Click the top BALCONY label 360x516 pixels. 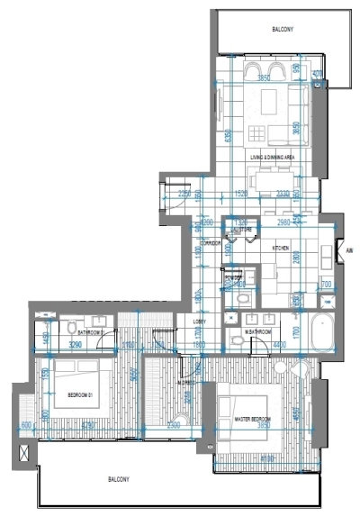[283, 31]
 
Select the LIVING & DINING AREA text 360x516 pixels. [274, 158]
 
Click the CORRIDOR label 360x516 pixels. [211, 244]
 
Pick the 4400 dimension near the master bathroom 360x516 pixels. [280, 345]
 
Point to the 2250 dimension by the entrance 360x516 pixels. [184, 194]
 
